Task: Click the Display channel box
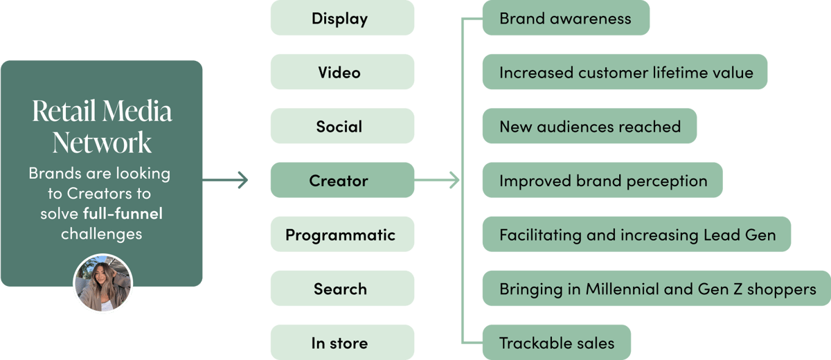(342, 18)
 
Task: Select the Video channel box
(342, 72)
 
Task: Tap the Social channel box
(342, 126)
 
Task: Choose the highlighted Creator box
(342, 181)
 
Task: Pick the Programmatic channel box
(342, 235)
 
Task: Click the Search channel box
(342, 289)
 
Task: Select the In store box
(342, 343)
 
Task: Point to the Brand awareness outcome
(565, 18)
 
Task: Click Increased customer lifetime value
(625, 72)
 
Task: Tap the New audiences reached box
(589, 126)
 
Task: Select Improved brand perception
(602, 181)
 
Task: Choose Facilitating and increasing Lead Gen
(636, 235)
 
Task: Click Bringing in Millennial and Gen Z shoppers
(656, 289)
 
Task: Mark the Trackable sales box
(556, 343)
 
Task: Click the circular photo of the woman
(102, 283)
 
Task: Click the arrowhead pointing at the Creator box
(242, 181)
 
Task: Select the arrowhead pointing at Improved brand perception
(455, 181)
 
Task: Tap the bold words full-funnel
(122, 213)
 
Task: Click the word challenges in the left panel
(101, 233)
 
